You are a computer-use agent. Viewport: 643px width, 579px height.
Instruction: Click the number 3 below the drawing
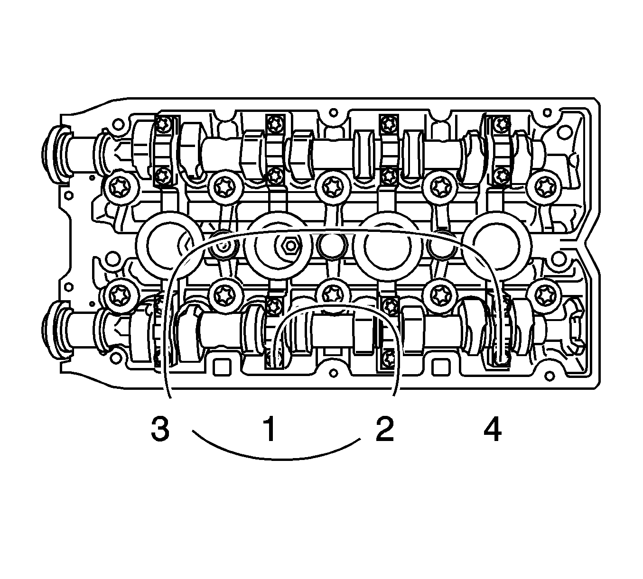(160, 429)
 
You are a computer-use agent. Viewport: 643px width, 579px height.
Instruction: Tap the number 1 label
(270, 429)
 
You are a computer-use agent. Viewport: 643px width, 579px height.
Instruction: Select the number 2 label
(385, 429)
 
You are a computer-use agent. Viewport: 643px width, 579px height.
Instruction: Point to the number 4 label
(493, 429)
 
